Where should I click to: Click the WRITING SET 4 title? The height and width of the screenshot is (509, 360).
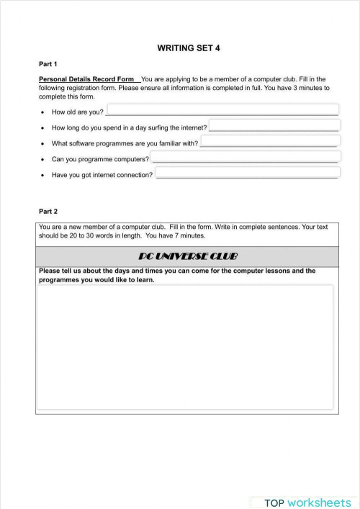[189, 48]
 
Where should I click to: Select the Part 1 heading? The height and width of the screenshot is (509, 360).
[48, 64]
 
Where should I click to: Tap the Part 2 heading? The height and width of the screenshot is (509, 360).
[48, 212]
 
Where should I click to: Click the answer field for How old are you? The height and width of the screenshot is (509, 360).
[222, 109]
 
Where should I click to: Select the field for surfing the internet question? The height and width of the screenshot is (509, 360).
[274, 125]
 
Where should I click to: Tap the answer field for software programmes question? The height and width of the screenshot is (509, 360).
[270, 141]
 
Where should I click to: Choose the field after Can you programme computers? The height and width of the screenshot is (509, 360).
[246, 157]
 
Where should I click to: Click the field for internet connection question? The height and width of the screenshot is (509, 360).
[247, 173]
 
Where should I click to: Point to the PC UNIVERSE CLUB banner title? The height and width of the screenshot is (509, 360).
[187, 257]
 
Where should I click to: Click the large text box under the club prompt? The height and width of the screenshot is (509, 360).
[186, 347]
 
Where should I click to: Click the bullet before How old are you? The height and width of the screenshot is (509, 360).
[43, 112]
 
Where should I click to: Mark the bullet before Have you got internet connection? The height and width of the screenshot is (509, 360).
[43, 175]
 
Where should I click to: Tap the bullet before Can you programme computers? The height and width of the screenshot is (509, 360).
[43, 159]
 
